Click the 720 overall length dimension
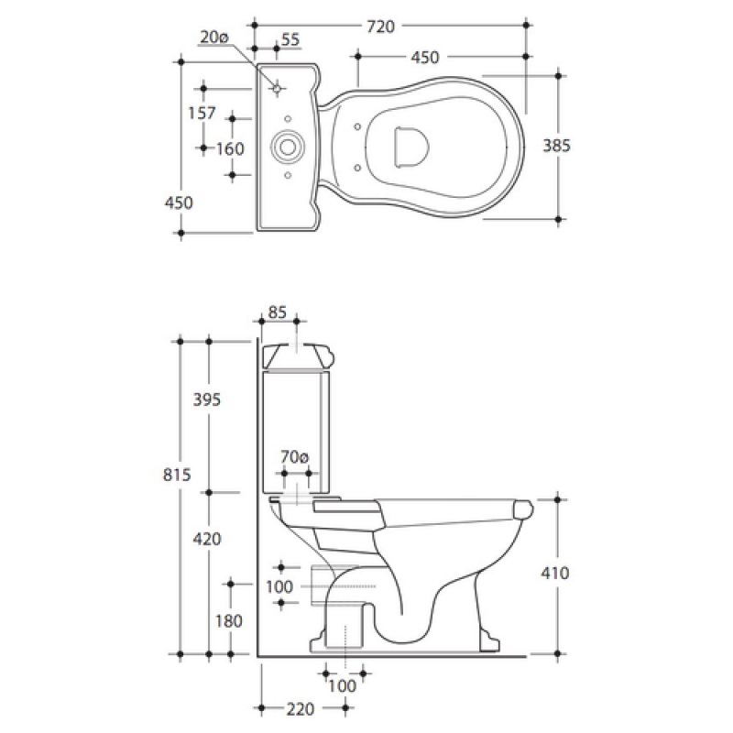(x=380, y=27)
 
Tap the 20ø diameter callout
(x=214, y=37)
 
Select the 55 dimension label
(x=290, y=39)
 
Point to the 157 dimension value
(x=202, y=113)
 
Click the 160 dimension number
(x=230, y=149)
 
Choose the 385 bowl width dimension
(x=556, y=146)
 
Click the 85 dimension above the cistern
(x=278, y=312)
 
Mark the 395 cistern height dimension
(x=207, y=399)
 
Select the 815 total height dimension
(x=177, y=475)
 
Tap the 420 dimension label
(x=207, y=540)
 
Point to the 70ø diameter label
(x=294, y=456)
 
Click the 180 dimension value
(x=228, y=621)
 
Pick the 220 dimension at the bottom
(x=301, y=709)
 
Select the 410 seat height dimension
(x=555, y=574)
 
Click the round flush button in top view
(x=288, y=148)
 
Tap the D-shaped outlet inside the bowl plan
(x=410, y=147)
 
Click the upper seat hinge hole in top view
(x=357, y=126)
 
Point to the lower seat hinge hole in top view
(x=357, y=168)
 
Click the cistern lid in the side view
(x=300, y=356)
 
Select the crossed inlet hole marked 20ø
(x=277, y=88)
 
